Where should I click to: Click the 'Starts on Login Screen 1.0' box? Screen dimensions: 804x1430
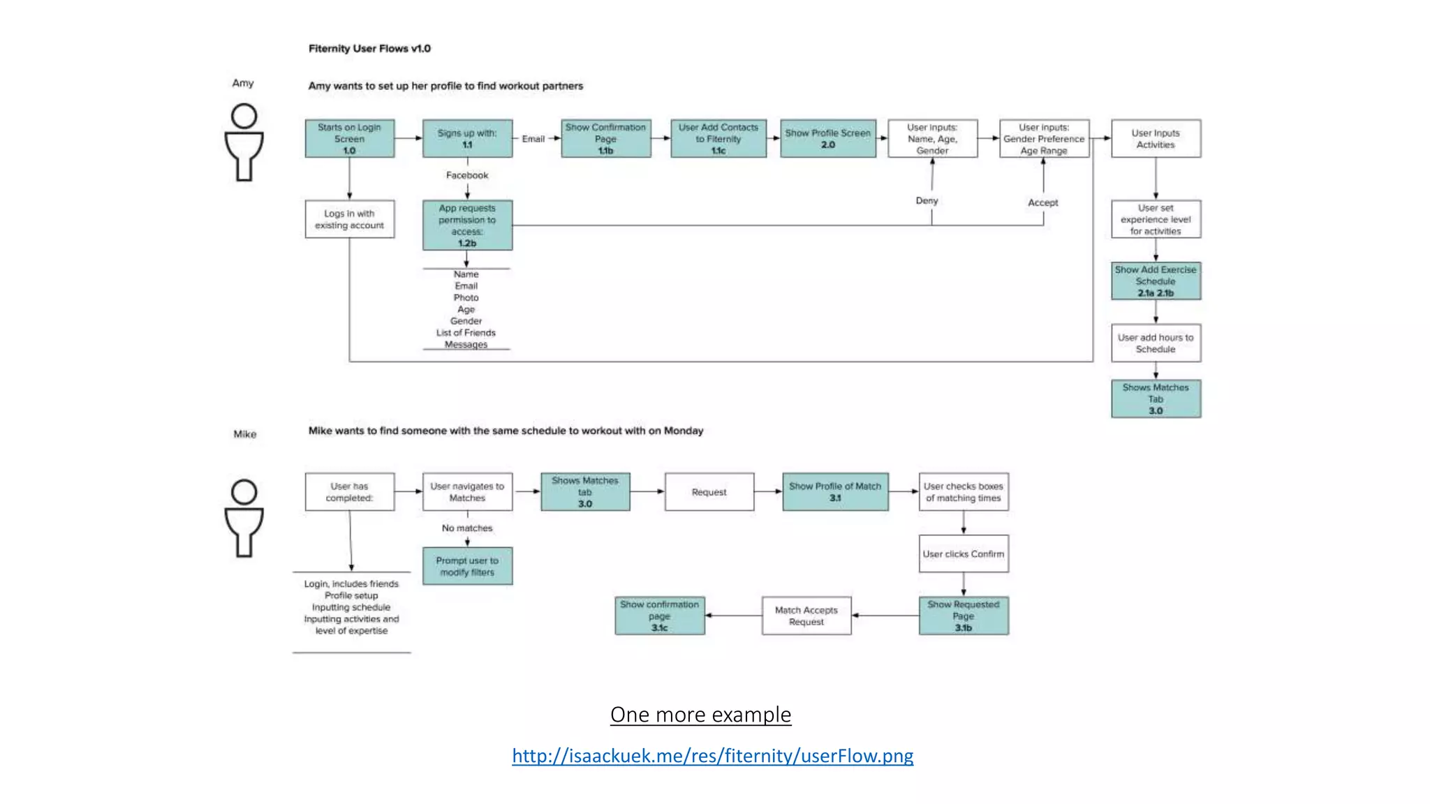pyautogui.click(x=349, y=138)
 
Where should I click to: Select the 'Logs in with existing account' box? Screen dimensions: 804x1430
pyautogui.click(x=349, y=219)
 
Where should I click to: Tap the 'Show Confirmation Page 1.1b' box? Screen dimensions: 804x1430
pyautogui.click(x=605, y=138)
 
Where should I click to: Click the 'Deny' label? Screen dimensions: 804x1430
pyautogui.click(x=927, y=201)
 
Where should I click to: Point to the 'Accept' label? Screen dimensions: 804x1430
pyautogui.click(x=1042, y=202)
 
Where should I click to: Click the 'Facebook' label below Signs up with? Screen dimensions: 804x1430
pyautogui.click(x=467, y=175)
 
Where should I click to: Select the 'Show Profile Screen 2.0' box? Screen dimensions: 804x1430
pyautogui.click(x=827, y=138)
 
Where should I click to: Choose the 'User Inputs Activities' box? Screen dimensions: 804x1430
pyautogui.click(x=1156, y=138)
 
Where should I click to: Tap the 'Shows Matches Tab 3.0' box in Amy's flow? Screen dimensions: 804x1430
pyautogui.click(x=1156, y=399)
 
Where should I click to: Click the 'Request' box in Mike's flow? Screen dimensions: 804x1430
pyautogui.click(x=709, y=492)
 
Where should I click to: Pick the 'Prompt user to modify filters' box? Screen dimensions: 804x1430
pyautogui.click(x=467, y=566)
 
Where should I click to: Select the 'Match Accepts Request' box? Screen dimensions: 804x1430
pyautogui.click(x=806, y=616)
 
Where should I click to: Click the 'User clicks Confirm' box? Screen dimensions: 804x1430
pyautogui.click(x=963, y=554)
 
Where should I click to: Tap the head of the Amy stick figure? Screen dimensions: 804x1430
pyautogui.click(x=244, y=116)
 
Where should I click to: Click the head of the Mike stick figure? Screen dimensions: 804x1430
pyautogui.click(x=244, y=492)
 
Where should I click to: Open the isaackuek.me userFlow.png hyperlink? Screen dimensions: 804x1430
pyautogui.click(x=712, y=756)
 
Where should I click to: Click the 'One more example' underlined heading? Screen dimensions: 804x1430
pyautogui.click(x=700, y=715)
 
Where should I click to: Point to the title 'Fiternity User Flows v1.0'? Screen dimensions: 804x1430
pyautogui.click(x=369, y=48)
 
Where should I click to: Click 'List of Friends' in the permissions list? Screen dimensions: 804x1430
pyautogui.click(x=466, y=333)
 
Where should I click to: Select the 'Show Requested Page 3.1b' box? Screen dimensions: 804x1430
pyautogui.click(x=963, y=616)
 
